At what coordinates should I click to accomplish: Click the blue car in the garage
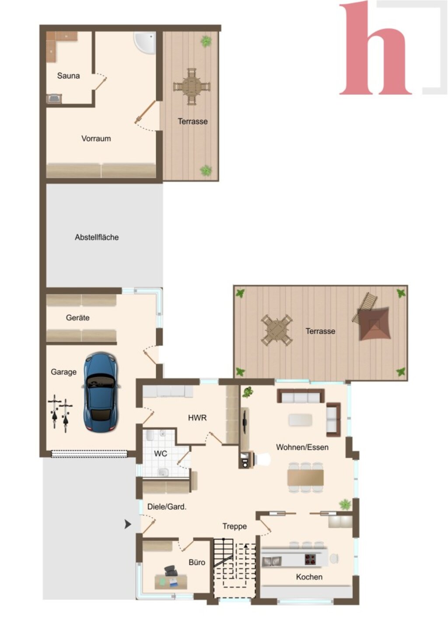pyautogui.click(x=101, y=391)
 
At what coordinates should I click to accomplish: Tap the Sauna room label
pyautogui.click(x=68, y=76)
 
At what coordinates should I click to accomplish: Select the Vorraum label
pyautogui.click(x=96, y=139)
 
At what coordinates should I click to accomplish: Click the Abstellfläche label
pyautogui.click(x=97, y=237)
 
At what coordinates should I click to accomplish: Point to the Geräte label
pyautogui.click(x=77, y=318)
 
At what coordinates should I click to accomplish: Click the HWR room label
pyautogui.click(x=197, y=417)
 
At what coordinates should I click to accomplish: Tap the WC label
pyautogui.click(x=161, y=454)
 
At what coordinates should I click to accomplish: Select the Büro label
pyautogui.click(x=197, y=562)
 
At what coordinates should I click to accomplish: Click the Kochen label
pyautogui.click(x=309, y=577)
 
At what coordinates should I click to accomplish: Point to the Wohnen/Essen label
pyautogui.click(x=302, y=447)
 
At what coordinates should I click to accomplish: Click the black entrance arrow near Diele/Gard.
pyautogui.click(x=128, y=524)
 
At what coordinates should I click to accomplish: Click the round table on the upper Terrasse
pyautogui.click(x=192, y=86)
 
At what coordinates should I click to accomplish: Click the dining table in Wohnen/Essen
pyautogui.click(x=305, y=477)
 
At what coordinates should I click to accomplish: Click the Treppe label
pyautogui.click(x=234, y=526)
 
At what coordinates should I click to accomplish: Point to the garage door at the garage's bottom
pyautogui.click(x=89, y=454)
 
